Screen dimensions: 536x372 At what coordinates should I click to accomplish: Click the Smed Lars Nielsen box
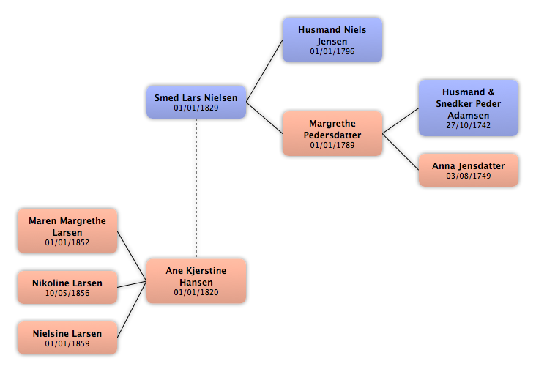point(196,103)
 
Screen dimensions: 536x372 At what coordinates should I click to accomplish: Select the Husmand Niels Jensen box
point(332,40)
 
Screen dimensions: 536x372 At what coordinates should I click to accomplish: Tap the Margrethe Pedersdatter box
point(332,133)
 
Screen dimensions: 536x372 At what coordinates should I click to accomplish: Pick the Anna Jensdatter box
point(469,171)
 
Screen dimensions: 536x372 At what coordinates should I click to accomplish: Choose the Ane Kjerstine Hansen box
point(196,281)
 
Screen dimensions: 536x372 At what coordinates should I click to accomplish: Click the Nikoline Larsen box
point(67,287)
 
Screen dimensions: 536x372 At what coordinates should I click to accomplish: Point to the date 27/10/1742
point(469,125)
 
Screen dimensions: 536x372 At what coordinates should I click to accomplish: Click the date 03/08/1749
point(469,176)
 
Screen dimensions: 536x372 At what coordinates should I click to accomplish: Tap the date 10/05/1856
point(67,293)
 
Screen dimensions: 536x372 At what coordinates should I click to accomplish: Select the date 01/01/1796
point(332,52)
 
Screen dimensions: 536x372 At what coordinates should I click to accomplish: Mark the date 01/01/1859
point(67,343)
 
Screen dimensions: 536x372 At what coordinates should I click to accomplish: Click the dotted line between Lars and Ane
point(196,189)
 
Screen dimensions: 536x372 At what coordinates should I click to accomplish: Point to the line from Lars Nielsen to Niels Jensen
point(264,71)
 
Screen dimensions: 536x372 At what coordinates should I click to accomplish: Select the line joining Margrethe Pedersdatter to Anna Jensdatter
point(401,152)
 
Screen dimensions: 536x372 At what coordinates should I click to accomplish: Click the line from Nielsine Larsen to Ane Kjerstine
point(132,310)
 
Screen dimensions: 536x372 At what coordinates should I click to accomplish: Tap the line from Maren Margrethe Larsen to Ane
point(132,256)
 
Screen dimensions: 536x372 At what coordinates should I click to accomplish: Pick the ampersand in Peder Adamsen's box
point(491,92)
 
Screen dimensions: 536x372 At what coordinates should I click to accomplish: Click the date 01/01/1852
point(67,243)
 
